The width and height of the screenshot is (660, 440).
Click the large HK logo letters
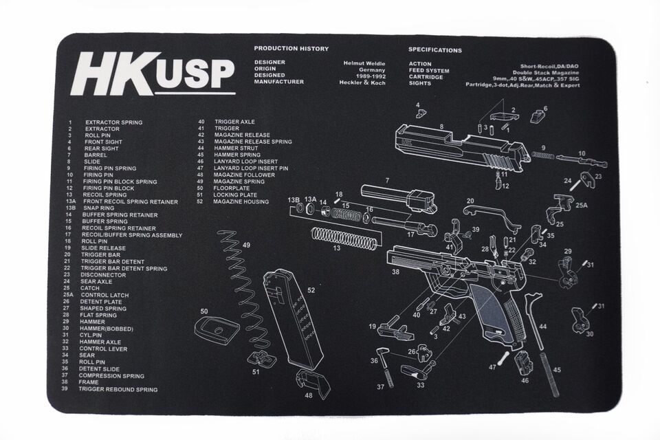pyautogui.click(x=113, y=74)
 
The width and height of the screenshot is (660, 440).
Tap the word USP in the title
pyautogui.click(x=195, y=80)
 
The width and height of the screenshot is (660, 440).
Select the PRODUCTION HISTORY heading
pyautogui.click(x=291, y=49)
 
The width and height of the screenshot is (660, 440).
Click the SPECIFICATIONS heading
pyautogui.click(x=435, y=49)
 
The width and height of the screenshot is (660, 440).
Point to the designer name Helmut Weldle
pyautogui.click(x=364, y=63)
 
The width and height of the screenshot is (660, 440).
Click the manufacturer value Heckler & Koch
pyautogui.click(x=362, y=82)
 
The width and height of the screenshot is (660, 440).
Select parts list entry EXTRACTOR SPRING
pyautogui.click(x=113, y=122)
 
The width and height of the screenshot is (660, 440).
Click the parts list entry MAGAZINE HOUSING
pyautogui.click(x=241, y=201)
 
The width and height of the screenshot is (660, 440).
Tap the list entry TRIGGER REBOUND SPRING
pyautogui.click(x=118, y=389)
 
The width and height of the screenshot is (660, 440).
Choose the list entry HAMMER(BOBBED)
pyautogui.click(x=107, y=328)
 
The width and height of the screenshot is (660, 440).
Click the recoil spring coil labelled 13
pyautogui.click(x=344, y=238)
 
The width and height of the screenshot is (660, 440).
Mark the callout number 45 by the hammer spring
pyautogui.click(x=557, y=370)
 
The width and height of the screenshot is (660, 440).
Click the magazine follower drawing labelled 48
pyautogui.click(x=313, y=382)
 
